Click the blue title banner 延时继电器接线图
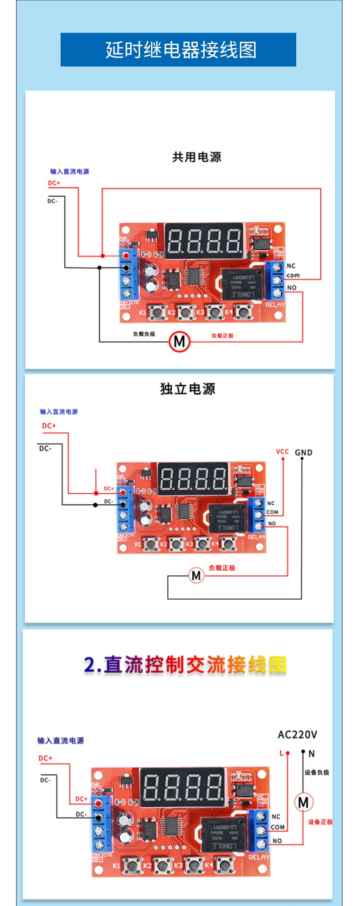pyautogui.click(x=178, y=50)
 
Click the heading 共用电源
pyautogui.click(x=196, y=157)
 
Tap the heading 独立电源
pyautogui.click(x=187, y=389)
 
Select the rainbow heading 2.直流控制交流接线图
pyautogui.click(x=185, y=665)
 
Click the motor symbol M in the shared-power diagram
pyautogui.click(x=179, y=341)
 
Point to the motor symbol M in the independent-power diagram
pyautogui.click(x=196, y=575)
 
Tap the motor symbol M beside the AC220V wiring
pyautogui.click(x=303, y=802)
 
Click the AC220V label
pyautogui.click(x=297, y=734)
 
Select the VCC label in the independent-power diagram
pyautogui.click(x=282, y=451)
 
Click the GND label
pyautogui.click(x=303, y=452)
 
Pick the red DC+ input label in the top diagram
pyautogui.click(x=54, y=183)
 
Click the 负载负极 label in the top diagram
pyautogui.click(x=144, y=334)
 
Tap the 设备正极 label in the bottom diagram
pyautogui.click(x=320, y=822)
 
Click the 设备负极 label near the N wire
pyautogui.click(x=317, y=772)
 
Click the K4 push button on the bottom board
pyautogui.click(x=224, y=864)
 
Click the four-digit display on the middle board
pyautogui.click(x=193, y=479)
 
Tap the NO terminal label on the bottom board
pyautogui.click(x=277, y=840)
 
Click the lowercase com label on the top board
pyautogui.click(x=293, y=276)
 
